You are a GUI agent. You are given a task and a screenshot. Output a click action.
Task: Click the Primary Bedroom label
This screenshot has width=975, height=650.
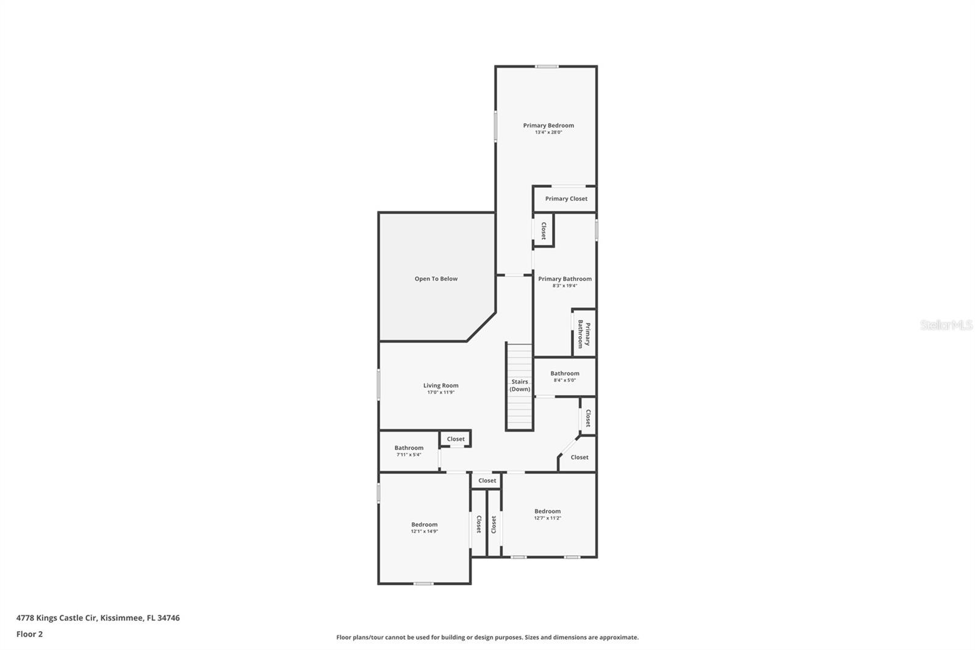548,126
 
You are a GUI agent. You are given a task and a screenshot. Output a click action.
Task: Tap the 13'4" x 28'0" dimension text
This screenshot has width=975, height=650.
548,132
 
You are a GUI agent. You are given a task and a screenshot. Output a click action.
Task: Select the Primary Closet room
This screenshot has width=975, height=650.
565,199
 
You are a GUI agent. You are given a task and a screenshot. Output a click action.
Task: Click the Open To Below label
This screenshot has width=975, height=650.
436,279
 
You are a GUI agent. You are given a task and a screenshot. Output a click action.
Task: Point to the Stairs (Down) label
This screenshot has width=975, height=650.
520,385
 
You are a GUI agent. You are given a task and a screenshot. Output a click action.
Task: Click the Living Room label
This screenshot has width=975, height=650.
441,385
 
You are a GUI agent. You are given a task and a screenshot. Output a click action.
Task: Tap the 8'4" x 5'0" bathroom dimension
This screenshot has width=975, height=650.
564,380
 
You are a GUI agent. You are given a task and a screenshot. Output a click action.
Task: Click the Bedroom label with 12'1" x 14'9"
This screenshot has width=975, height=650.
424,524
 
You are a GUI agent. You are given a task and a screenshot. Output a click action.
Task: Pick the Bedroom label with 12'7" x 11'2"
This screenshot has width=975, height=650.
547,512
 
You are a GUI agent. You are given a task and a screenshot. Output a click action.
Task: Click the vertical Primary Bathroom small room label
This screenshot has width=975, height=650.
584,334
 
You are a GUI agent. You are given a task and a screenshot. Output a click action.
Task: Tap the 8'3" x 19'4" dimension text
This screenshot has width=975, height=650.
564,286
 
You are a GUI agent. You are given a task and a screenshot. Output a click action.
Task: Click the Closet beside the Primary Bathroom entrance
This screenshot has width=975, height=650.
544,230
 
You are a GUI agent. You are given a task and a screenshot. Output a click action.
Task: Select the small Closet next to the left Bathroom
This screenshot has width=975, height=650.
455,439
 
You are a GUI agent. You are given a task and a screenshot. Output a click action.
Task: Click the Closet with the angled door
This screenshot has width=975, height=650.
579,457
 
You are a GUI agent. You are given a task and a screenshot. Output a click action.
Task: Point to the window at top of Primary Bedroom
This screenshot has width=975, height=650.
547,66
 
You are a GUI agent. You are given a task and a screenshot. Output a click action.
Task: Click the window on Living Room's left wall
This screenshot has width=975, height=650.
378,385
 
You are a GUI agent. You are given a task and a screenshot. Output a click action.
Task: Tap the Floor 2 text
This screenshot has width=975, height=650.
29,634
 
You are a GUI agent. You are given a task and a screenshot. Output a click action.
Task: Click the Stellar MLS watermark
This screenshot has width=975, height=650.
946,326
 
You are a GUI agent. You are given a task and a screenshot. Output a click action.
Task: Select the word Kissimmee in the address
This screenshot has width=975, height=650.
122,618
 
